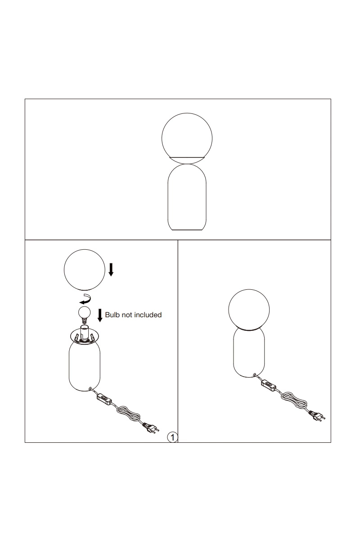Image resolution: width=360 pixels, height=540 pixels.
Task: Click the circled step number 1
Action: (x=172, y=437)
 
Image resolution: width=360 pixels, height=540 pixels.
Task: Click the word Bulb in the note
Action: (x=112, y=315)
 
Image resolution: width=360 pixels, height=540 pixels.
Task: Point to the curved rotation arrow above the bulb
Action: (x=85, y=299)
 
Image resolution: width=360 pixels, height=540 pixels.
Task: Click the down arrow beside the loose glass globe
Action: (x=111, y=270)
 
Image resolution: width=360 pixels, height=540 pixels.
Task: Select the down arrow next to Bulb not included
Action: (x=100, y=315)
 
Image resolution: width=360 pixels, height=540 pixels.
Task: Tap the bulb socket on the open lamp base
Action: (x=85, y=333)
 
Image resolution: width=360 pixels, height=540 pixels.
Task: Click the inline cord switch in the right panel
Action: (x=268, y=384)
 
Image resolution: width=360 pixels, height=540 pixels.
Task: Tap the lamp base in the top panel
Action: (x=187, y=197)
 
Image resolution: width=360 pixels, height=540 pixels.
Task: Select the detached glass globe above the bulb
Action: (x=85, y=270)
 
